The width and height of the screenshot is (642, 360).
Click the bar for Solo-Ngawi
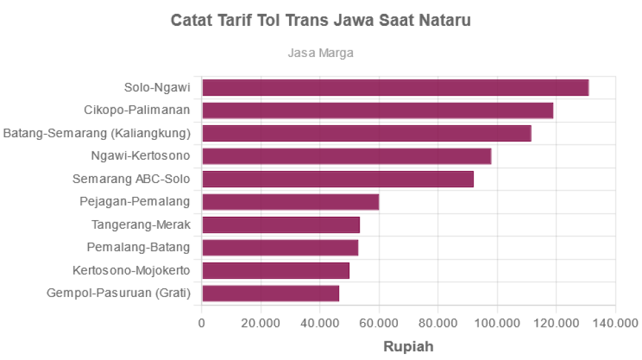(x=395, y=88)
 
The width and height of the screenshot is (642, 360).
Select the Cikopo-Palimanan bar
(x=378, y=110)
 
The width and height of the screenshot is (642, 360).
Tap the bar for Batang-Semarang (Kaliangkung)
(x=367, y=133)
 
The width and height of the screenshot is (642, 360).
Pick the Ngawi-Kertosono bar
(x=347, y=156)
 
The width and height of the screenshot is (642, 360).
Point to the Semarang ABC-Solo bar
(x=338, y=179)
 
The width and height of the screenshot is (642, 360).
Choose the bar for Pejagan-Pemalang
(x=290, y=202)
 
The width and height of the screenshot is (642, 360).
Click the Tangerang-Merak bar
(x=281, y=225)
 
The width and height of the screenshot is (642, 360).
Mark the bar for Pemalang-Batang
(x=281, y=247)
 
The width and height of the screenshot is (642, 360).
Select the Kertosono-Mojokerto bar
(x=276, y=270)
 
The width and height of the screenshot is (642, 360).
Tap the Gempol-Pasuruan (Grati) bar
(x=271, y=293)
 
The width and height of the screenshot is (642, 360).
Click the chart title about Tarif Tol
(x=321, y=21)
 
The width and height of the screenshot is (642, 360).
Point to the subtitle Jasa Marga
(x=321, y=52)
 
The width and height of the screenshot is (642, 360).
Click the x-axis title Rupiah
(x=409, y=346)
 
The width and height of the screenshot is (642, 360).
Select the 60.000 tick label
(x=379, y=323)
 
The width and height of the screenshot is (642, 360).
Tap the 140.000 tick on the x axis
(x=616, y=323)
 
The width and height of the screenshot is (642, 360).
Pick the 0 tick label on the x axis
(x=202, y=323)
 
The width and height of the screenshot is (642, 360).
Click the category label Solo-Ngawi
(x=158, y=88)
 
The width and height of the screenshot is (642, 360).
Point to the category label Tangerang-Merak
(x=141, y=225)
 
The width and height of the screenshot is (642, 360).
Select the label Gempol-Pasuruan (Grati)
(x=119, y=293)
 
